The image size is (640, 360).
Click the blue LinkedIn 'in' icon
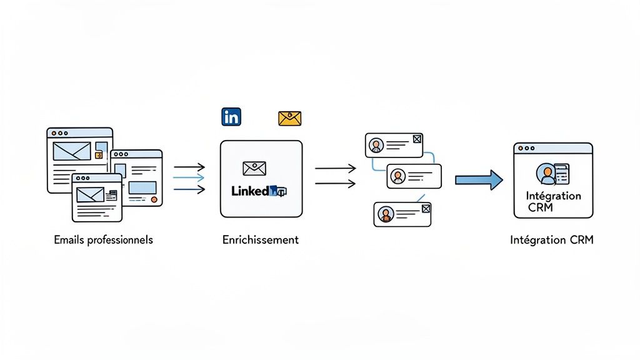click(x=231, y=116)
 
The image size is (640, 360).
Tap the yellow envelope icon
click(x=289, y=118)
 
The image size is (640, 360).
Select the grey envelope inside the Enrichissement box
click(x=254, y=168)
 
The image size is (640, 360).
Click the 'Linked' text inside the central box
click(x=250, y=191)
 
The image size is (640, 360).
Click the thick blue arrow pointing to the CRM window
click(x=479, y=180)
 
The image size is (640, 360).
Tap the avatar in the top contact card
click(x=376, y=146)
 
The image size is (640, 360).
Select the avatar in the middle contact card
click(x=398, y=177)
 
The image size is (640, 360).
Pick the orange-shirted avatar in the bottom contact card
click(x=385, y=214)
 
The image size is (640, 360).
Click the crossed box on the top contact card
click(x=417, y=139)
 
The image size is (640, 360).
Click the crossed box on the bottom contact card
click(x=426, y=209)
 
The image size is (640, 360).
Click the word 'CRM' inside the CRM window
click(x=540, y=207)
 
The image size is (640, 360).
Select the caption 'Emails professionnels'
click(x=103, y=240)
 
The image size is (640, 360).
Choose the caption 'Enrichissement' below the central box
click(x=261, y=240)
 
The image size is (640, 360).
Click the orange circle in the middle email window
click(x=154, y=199)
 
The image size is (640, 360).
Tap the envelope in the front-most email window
click(x=89, y=195)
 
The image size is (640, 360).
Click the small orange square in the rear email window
click(x=98, y=154)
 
